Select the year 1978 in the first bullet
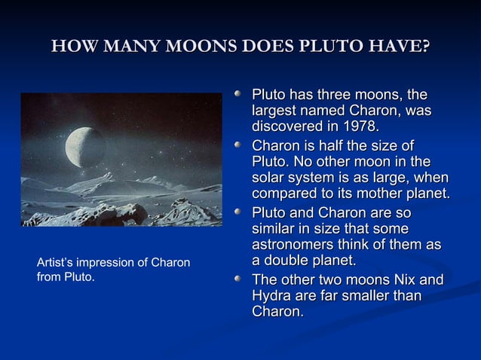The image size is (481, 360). (x=357, y=125)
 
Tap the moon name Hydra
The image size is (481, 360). (x=271, y=296)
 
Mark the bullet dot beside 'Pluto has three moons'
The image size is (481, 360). (x=238, y=96)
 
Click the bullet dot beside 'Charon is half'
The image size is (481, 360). (x=238, y=146)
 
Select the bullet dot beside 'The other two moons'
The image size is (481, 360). (x=238, y=281)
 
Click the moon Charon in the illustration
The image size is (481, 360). (x=85, y=147)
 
